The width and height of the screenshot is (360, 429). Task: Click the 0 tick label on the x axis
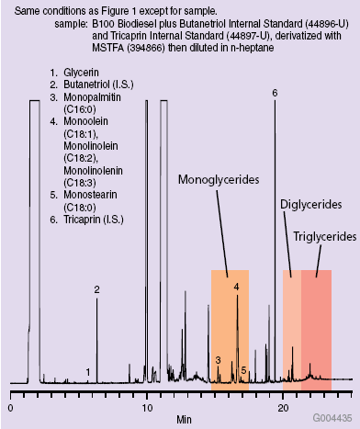(10, 406)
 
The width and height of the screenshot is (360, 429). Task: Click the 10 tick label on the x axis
(146, 406)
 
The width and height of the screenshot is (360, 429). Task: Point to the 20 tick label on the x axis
(282, 406)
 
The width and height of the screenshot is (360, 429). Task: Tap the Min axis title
(185, 418)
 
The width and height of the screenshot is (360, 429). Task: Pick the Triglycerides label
(324, 236)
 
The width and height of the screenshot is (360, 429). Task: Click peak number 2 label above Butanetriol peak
(96, 290)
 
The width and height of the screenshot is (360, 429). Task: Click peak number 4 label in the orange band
(236, 288)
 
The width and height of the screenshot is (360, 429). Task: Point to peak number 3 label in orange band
(218, 361)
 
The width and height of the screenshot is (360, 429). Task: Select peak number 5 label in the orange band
(243, 370)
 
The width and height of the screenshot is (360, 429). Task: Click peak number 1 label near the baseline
(88, 372)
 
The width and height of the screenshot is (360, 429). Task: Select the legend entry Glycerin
(84, 72)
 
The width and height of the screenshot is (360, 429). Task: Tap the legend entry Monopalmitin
(93, 97)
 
